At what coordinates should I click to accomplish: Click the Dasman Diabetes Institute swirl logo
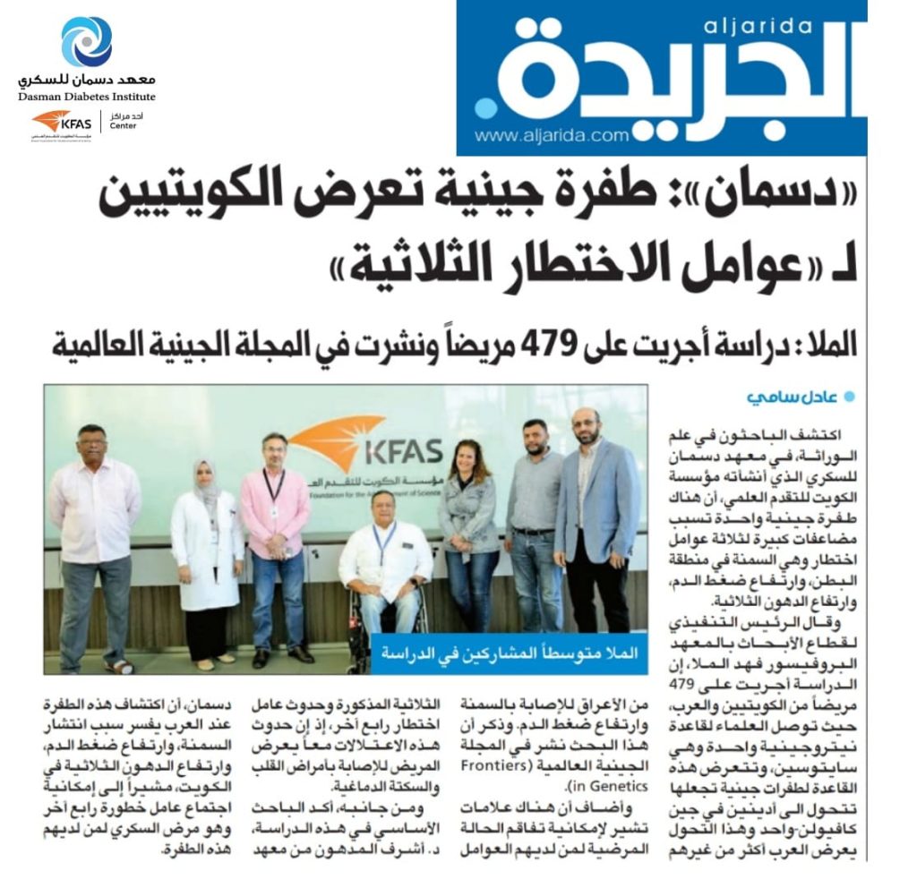pos(87,42)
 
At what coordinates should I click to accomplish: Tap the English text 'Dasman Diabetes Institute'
pos(87,97)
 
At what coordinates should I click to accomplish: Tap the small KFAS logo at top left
pos(63,122)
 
